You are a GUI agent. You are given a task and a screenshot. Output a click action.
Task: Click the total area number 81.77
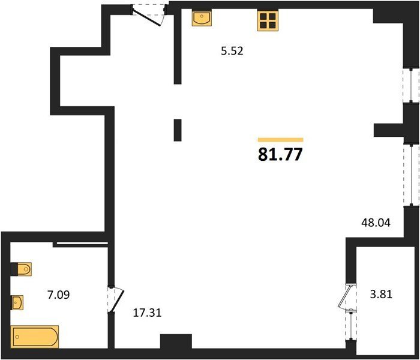[280, 155]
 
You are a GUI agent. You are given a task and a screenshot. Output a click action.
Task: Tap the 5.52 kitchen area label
[232, 51]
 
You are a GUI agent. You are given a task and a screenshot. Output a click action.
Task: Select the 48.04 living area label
[376, 223]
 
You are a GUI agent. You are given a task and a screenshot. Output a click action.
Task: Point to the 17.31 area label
[148, 313]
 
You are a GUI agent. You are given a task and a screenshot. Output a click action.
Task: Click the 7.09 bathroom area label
[58, 295]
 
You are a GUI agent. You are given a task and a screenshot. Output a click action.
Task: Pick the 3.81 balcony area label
[381, 295]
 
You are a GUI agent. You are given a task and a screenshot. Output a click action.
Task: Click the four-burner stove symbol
[268, 21]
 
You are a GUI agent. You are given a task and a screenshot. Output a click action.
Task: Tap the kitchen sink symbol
[202, 19]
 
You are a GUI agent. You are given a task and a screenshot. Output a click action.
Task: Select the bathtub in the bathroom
[35, 337]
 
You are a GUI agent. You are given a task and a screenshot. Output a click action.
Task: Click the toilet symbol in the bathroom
[22, 269]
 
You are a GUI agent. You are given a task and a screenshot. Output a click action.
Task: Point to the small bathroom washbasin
[17, 302]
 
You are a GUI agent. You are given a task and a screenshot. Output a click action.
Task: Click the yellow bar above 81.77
[280, 140]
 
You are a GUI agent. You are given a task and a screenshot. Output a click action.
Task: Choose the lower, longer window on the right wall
[412, 175]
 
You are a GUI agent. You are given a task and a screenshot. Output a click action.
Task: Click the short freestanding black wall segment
[178, 130]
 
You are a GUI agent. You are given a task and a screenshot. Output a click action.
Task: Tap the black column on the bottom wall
[176, 341]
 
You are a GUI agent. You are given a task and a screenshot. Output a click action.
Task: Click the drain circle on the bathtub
[17, 337]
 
